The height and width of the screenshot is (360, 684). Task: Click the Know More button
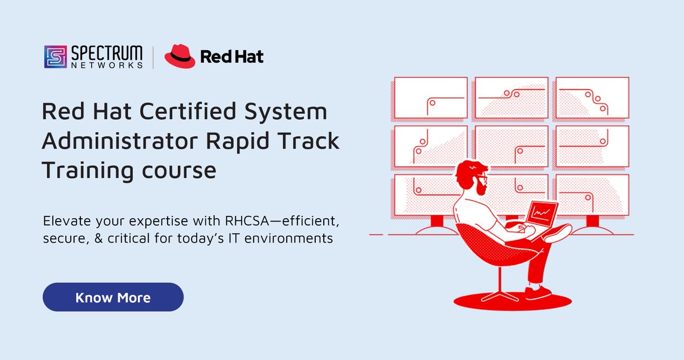tap(113, 297)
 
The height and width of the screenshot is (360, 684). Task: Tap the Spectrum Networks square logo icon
tap(55, 57)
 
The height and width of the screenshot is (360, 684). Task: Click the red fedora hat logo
tap(180, 56)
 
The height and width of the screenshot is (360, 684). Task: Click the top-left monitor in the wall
tap(431, 97)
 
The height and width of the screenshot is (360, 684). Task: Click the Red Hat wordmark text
tap(231, 56)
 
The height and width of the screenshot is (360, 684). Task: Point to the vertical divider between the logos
tap(153, 57)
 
